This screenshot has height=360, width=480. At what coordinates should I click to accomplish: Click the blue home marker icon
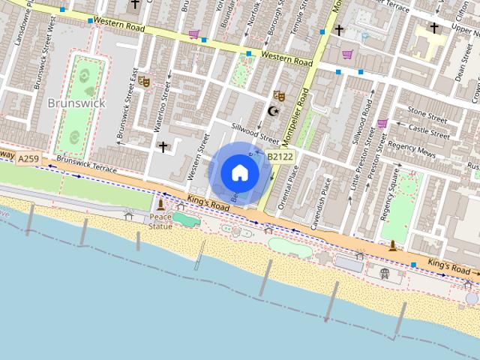tap(239, 172)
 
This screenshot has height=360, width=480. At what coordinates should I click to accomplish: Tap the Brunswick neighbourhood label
tap(76, 102)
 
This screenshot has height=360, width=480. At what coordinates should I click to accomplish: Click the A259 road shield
tap(28, 158)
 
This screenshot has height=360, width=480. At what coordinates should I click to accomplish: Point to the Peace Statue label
tap(160, 221)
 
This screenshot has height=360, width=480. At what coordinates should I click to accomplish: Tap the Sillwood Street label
tap(255, 133)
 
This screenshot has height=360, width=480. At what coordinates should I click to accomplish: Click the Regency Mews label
tap(412, 148)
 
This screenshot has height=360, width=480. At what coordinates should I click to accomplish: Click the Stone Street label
tap(427, 114)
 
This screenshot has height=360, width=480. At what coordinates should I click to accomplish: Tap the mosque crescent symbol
tap(272, 111)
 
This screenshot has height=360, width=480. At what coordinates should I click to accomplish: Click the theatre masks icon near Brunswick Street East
tap(143, 80)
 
